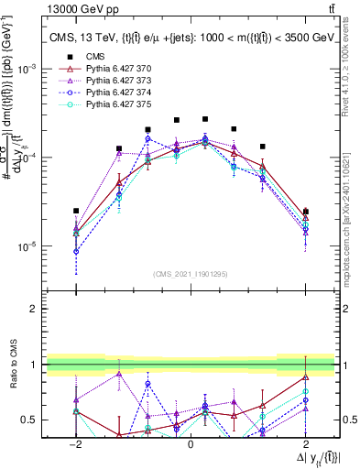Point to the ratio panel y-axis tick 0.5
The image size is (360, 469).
click(x=30, y=420)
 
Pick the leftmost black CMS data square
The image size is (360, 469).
click(x=76, y=211)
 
